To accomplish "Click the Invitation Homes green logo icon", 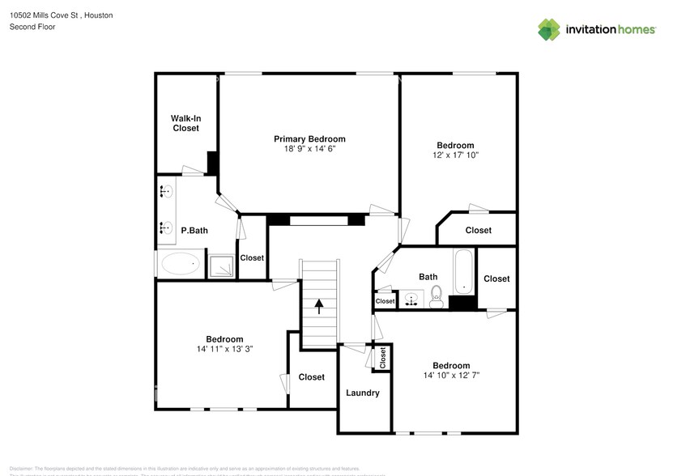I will (549, 29).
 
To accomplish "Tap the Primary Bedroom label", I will (309, 138).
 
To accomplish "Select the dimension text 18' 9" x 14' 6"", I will (309, 149).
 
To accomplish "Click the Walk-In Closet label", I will (185, 123).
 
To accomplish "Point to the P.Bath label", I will (194, 231).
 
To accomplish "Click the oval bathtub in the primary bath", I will (181, 264).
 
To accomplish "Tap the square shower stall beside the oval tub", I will (221, 265).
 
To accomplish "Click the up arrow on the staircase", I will (319, 306).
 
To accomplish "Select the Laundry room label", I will (362, 393).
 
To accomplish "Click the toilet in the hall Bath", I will (436, 294).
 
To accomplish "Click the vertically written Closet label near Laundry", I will (383, 357).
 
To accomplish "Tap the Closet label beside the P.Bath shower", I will (252, 257).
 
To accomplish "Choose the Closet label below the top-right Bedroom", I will (478, 230).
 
